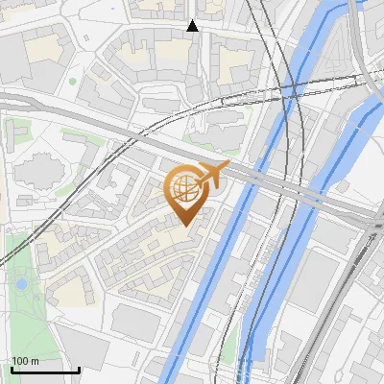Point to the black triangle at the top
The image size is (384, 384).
coord(192,26)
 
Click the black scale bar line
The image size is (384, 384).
coord(45,370)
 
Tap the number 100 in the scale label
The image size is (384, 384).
coord(21,361)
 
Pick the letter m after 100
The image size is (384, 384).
coord(36,361)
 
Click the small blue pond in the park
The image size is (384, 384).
coord(21,284)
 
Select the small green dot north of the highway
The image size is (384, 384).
coord(72,82)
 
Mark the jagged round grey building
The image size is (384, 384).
coord(36,169)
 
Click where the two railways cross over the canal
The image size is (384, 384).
coord(293,91)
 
